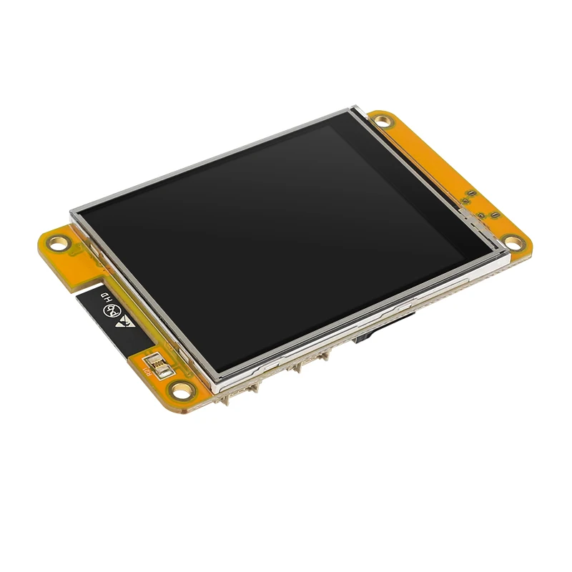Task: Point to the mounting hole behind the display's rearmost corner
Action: click(x=384, y=120)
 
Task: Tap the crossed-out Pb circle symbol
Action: click(x=112, y=311)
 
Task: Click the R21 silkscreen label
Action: click(x=147, y=369)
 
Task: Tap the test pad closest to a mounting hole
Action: click(x=494, y=214)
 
